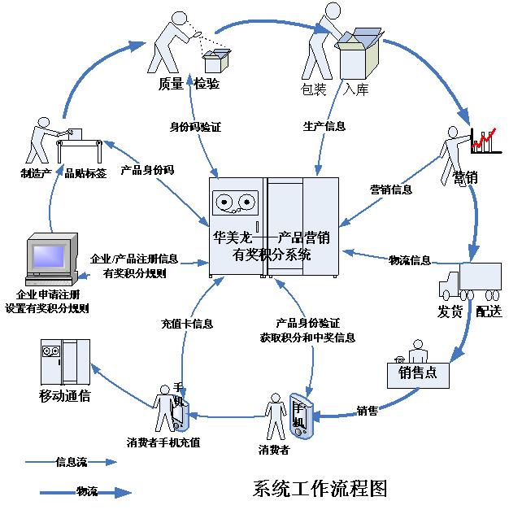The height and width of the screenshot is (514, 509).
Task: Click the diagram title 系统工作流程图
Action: pos(320,489)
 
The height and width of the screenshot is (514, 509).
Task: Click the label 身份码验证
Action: pos(195,127)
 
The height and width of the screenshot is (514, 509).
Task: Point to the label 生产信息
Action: pos(324,126)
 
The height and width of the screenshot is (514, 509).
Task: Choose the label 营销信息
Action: pos(391,189)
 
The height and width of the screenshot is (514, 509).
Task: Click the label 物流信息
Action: pos(409,260)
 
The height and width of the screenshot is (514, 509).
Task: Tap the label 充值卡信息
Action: pos(186,324)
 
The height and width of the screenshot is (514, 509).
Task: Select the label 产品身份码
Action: pos(147,171)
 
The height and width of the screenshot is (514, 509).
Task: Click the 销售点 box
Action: pos(419,372)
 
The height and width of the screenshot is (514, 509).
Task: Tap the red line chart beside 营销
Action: pos(484,140)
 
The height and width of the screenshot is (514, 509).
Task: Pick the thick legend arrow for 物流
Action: pos(85,491)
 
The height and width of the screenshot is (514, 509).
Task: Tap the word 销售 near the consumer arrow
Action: pos(368,411)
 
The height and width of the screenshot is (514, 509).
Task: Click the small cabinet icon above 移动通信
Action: pos(65,362)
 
